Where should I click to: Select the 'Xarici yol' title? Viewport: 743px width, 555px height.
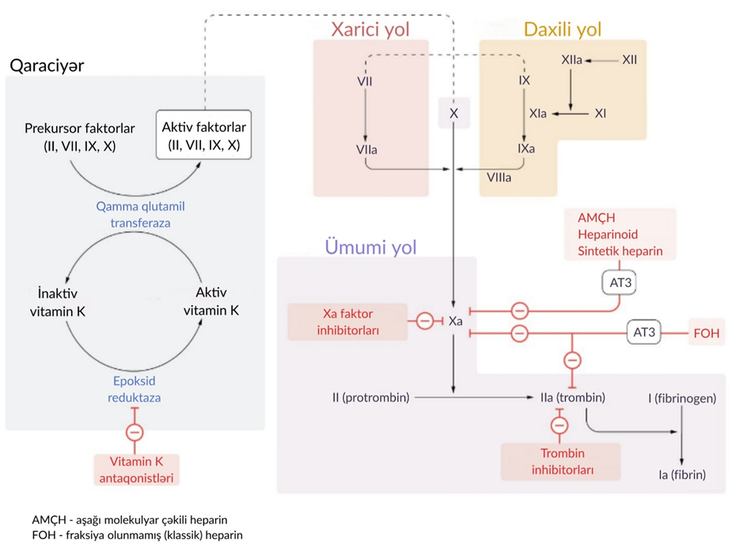point(370,30)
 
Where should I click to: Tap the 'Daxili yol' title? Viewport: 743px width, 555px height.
point(563,30)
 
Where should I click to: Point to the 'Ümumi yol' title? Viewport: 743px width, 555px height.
point(370,247)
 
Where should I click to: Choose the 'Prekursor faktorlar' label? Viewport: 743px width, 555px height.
point(80,136)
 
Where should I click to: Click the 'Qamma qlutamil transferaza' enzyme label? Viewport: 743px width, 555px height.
point(140,214)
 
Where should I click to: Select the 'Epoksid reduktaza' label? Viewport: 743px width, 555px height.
point(135,388)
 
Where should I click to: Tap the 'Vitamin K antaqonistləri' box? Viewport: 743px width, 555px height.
point(135,469)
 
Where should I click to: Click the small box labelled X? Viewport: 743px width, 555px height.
point(453,114)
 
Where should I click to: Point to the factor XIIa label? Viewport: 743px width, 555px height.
point(572,59)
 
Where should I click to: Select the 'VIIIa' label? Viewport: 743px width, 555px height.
point(497,178)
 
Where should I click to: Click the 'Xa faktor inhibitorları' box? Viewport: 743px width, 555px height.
point(347,322)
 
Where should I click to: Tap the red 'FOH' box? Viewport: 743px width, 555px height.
point(706,333)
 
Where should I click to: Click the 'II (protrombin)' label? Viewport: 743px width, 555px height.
point(370,397)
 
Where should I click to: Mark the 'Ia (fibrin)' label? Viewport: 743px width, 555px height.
point(682,475)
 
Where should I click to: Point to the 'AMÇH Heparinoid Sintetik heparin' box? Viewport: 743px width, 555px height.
point(620,235)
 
